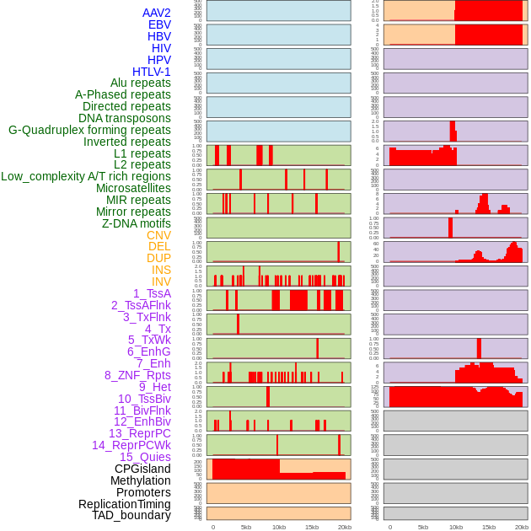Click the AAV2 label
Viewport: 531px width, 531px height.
tap(157, 13)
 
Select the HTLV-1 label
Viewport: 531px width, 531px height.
tap(152, 72)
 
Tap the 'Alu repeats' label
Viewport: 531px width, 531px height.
tap(141, 83)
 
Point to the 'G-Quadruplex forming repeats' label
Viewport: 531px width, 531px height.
tap(89, 131)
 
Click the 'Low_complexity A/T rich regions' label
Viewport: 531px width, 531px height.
tap(86, 177)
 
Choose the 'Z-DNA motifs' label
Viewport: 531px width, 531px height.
tap(137, 224)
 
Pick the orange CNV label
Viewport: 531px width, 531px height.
tap(158, 235)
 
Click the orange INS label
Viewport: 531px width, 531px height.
tap(161, 271)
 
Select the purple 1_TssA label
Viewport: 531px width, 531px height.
tap(152, 293)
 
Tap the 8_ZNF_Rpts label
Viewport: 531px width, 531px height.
tap(137, 375)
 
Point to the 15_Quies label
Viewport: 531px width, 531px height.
tap(145, 457)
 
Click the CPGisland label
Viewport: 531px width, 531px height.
tap(142, 469)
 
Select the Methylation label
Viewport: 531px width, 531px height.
tap(141, 480)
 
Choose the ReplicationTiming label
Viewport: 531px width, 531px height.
tap(125, 504)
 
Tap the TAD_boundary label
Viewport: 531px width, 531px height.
tap(131, 515)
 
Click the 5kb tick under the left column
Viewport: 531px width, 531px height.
tap(246, 527)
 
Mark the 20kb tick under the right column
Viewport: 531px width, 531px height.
tap(522, 527)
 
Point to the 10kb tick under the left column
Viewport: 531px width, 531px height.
tap(279, 527)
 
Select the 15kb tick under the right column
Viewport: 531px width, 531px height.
tap(489, 527)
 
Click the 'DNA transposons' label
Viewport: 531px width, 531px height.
tap(125, 119)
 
